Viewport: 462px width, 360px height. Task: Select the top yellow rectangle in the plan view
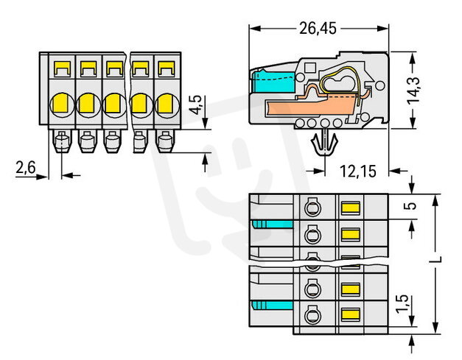pyautogui.click(x=349, y=208)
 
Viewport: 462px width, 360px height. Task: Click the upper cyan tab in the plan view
pyautogui.click(x=262, y=223)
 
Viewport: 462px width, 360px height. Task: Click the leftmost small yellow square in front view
pyautogui.click(x=61, y=70)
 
